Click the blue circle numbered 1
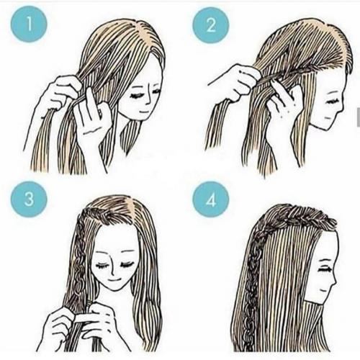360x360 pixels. click(x=29, y=24)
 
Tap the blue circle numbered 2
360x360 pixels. click(x=211, y=24)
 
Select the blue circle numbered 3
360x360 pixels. click(x=29, y=199)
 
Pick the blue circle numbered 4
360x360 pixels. click(x=211, y=199)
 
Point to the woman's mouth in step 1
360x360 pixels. click(x=144, y=112)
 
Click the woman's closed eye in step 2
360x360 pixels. click(x=332, y=101)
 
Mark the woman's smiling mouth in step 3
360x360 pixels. click(x=114, y=280)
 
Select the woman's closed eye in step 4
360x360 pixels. click(x=325, y=269)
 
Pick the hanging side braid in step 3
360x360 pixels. click(x=81, y=259)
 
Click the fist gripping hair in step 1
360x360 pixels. click(x=60, y=94)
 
